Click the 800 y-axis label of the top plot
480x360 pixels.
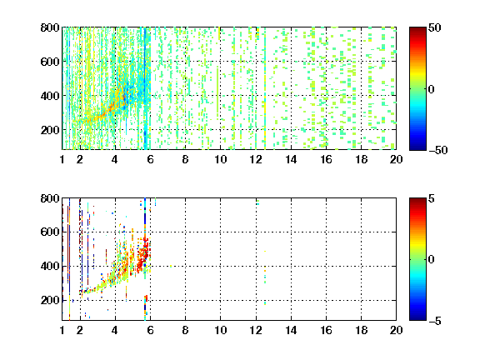(x=50, y=27)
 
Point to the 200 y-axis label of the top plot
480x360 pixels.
(x=50, y=130)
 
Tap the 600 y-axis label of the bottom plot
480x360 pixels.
(x=50, y=232)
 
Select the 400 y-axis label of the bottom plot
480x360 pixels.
(x=50, y=266)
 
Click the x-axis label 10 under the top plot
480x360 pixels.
(x=220, y=159)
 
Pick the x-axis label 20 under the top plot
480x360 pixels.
(x=396, y=159)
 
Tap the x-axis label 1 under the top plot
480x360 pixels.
(x=62, y=159)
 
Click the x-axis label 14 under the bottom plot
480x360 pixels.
(x=291, y=330)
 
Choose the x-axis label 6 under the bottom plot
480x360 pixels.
(x=150, y=330)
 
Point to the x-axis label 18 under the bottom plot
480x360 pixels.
(x=361, y=330)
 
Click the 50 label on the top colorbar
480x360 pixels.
(x=434, y=27)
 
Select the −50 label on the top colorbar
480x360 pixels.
(x=437, y=150)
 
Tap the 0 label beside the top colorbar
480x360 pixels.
(x=432, y=89)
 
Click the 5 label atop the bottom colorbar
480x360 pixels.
(x=432, y=198)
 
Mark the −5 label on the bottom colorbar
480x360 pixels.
(x=435, y=321)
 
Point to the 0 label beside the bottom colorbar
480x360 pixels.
(x=432, y=260)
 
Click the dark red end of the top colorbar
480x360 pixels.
(x=417, y=30)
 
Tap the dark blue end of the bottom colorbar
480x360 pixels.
(x=417, y=317)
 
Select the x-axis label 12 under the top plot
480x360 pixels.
(x=256, y=159)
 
